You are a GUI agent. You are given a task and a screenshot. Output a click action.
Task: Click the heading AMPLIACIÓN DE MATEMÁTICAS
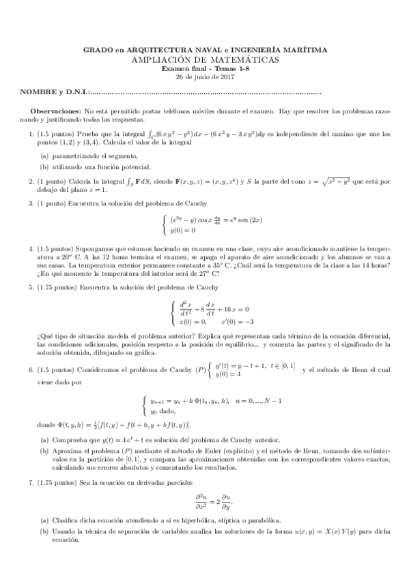click(x=205, y=60)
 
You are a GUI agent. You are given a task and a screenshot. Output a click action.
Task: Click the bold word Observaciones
click(x=57, y=111)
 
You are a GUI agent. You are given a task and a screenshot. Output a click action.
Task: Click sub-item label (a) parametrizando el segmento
click(x=44, y=156)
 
